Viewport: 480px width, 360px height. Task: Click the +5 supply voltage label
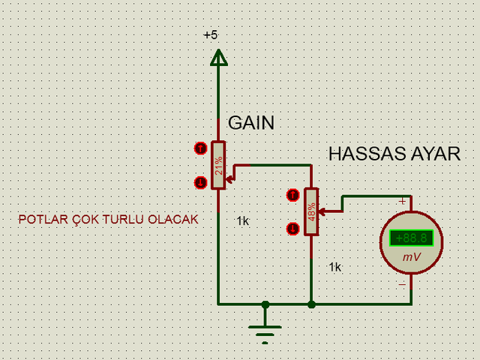(x=211, y=35)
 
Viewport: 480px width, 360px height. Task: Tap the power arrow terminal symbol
(x=218, y=58)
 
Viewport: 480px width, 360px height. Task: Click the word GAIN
(x=251, y=123)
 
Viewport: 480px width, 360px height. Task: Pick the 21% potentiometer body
(x=218, y=165)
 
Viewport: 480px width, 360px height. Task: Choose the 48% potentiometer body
(x=311, y=211)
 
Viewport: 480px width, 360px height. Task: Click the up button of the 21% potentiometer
(x=200, y=148)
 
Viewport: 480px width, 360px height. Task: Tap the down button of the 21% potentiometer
(x=200, y=183)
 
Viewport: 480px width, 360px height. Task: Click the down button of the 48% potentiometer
(x=293, y=229)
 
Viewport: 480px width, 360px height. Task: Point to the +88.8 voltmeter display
(x=412, y=238)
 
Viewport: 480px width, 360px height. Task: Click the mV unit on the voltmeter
(x=412, y=256)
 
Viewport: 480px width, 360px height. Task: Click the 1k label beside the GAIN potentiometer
(x=243, y=220)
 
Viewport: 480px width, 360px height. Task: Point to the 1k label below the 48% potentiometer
(x=335, y=267)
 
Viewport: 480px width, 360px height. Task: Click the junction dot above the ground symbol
(x=265, y=304)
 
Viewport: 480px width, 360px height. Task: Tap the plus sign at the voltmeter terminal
(x=402, y=202)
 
